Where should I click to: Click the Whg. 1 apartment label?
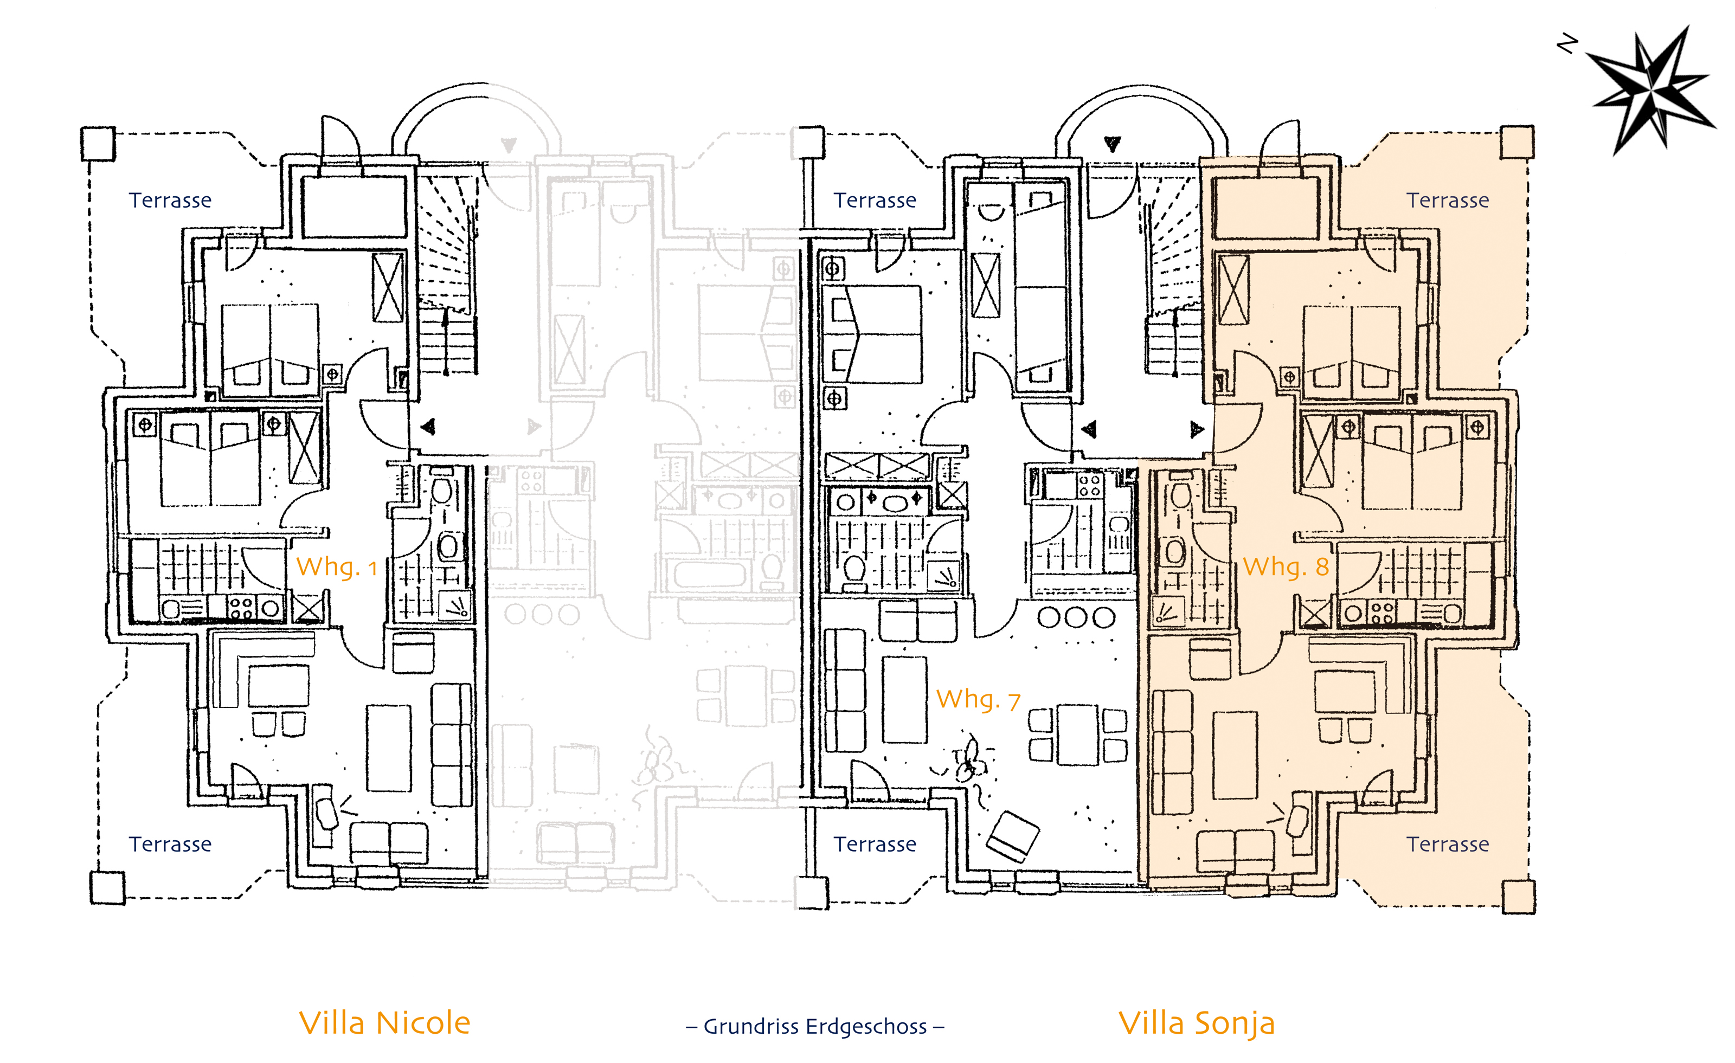click(x=337, y=566)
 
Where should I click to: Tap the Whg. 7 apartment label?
click(x=978, y=699)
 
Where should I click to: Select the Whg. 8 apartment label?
click(x=1286, y=566)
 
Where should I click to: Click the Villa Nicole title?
click(x=384, y=1023)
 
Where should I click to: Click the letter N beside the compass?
click(x=1567, y=44)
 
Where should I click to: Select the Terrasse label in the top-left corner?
click(x=170, y=201)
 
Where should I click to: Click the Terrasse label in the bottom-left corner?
click(x=170, y=844)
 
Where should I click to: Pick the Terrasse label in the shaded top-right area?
click(x=1448, y=201)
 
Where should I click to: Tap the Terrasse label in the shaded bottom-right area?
click(x=1448, y=844)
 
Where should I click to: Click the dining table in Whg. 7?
click(x=1077, y=735)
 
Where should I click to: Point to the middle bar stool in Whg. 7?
click(x=1077, y=617)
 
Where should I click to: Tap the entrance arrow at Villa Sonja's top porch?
click(x=1112, y=144)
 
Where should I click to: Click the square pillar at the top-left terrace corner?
click(x=98, y=144)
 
